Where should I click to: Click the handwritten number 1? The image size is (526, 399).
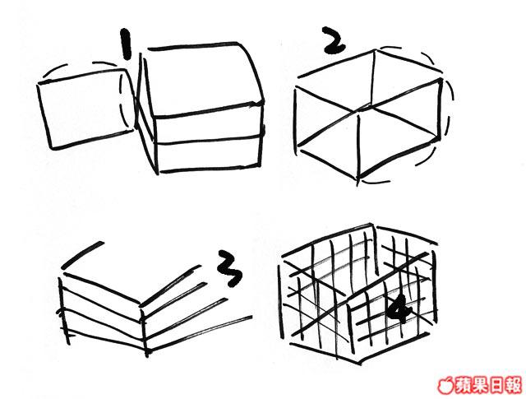[125, 44]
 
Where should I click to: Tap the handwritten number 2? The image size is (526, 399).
[332, 40]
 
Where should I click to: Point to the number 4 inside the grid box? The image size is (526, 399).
[399, 309]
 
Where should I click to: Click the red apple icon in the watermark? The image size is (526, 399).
[445, 385]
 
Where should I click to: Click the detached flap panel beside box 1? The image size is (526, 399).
[85, 109]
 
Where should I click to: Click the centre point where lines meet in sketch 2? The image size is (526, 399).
[364, 109]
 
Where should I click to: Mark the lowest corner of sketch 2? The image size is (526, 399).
[358, 178]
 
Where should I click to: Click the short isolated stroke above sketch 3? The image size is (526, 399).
[82, 255]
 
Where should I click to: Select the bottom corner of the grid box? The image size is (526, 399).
[360, 363]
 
